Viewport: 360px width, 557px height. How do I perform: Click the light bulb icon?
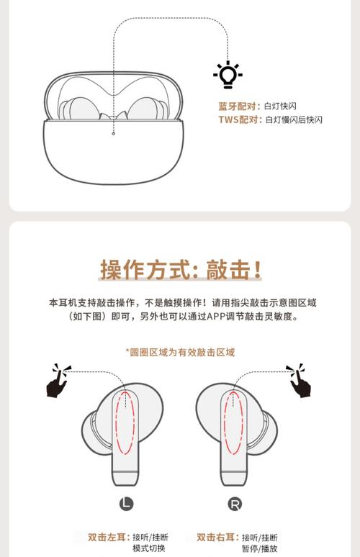pos(228,75)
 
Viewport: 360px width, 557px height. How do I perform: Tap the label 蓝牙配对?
pos(237,107)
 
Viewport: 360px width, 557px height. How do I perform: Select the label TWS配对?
pos(238,119)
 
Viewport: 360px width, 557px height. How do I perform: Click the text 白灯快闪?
pos(280,107)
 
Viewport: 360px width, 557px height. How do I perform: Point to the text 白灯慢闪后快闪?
pos(294,119)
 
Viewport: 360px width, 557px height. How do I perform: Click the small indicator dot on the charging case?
pos(113,134)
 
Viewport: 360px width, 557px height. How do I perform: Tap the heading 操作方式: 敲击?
pos(180,270)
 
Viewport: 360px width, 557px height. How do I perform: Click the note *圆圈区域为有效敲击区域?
pos(180,352)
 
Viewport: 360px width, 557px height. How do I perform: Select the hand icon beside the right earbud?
pos(300,381)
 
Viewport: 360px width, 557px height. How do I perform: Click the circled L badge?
pos(126,503)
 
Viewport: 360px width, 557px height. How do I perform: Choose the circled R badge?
pos(235,504)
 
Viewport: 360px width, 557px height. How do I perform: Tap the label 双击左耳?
pos(109,537)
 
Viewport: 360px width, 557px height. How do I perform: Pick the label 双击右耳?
pos(218,537)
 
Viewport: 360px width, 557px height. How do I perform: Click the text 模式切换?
pos(148,548)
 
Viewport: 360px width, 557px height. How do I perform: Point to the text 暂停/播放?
pos(259,548)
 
